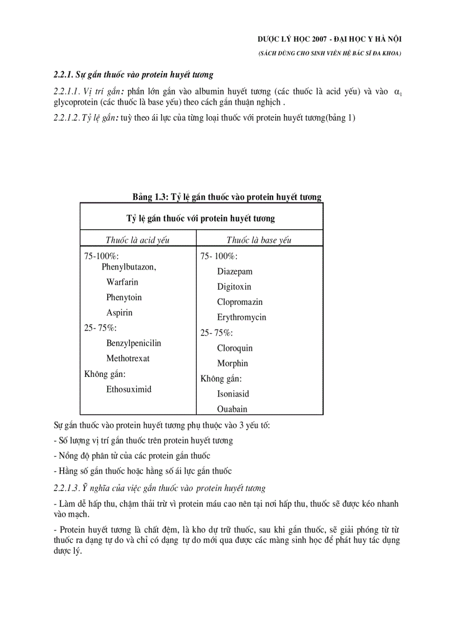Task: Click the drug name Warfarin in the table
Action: tap(122, 282)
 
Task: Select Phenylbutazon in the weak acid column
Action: tap(129, 267)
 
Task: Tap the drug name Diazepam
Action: tap(235, 272)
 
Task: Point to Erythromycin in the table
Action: tap(241, 318)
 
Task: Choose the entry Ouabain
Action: tap(232, 409)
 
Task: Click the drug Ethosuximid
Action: tap(129, 389)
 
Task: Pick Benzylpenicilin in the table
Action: tap(134, 343)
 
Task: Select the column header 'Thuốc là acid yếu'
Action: tap(137, 240)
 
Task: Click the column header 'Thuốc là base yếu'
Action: tap(259, 240)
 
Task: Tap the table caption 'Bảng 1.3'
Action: tap(150, 197)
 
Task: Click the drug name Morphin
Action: tap(232, 363)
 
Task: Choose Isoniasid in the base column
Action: tap(233, 394)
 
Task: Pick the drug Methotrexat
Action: tap(128, 358)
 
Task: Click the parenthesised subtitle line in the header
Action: tap(330, 53)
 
